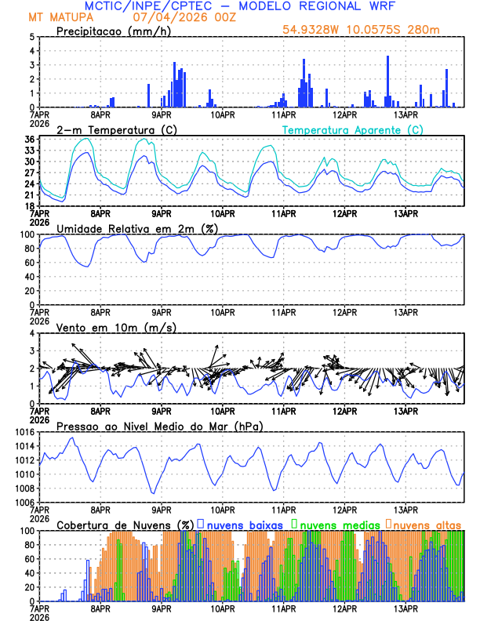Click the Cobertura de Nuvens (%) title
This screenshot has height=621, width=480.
tap(125, 525)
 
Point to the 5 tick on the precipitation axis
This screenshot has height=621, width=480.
tap(31, 37)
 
